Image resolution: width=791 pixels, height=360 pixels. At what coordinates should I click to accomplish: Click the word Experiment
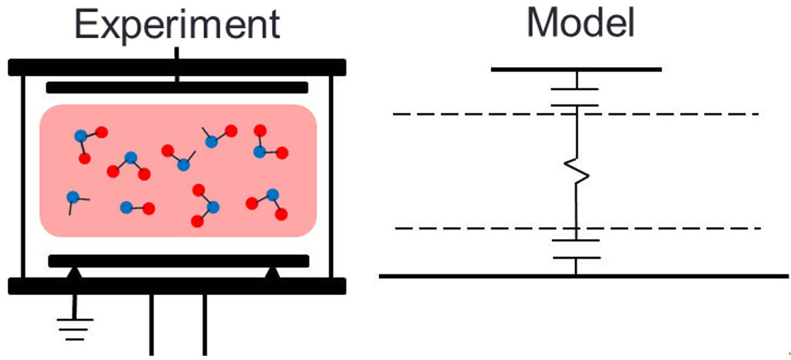178,24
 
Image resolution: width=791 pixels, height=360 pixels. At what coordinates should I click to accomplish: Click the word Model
581,24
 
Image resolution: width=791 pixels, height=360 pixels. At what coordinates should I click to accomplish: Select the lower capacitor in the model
576,248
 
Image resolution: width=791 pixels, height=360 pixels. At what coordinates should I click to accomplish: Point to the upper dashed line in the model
475,114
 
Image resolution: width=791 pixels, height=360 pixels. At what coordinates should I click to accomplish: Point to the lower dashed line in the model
475,229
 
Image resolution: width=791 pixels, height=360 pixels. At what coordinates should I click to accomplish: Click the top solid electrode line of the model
576,70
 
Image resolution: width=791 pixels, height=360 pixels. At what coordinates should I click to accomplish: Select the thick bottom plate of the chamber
177,286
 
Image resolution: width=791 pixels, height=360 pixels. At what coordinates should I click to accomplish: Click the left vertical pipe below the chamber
151,324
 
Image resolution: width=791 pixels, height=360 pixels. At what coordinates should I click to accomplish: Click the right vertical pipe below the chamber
205,324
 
